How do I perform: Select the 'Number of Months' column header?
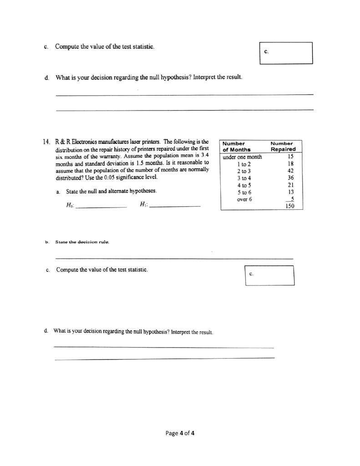pos(233,146)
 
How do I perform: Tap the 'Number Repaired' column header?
pos(283,146)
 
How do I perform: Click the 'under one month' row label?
pos(242,157)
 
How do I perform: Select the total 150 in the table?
pos(289,206)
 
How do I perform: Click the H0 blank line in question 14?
pos(101,207)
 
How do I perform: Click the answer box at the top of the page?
pos(286,53)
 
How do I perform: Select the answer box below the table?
pos(269,275)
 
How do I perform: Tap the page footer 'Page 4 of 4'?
pos(180,433)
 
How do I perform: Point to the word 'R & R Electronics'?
pos(77,142)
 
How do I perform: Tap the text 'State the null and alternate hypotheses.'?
pos(112,192)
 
